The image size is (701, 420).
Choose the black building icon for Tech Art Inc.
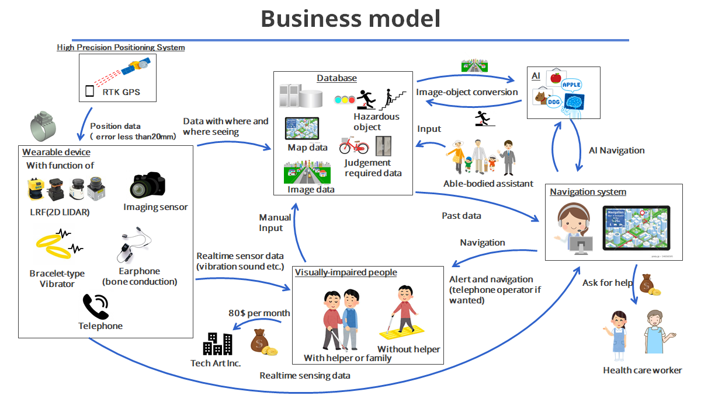tap(217, 344)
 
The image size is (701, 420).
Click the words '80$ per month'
tap(259, 313)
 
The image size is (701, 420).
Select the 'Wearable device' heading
tap(56, 152)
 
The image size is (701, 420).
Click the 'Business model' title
tap(350, 19)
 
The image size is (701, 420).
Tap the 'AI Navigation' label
tap(617, 150)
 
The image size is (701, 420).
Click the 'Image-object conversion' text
tap(467, 92)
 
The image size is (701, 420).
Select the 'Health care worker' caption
tap(643, 370)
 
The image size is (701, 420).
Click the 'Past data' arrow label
tap(461, 216)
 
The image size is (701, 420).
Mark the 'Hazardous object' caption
tap(376, 122)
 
